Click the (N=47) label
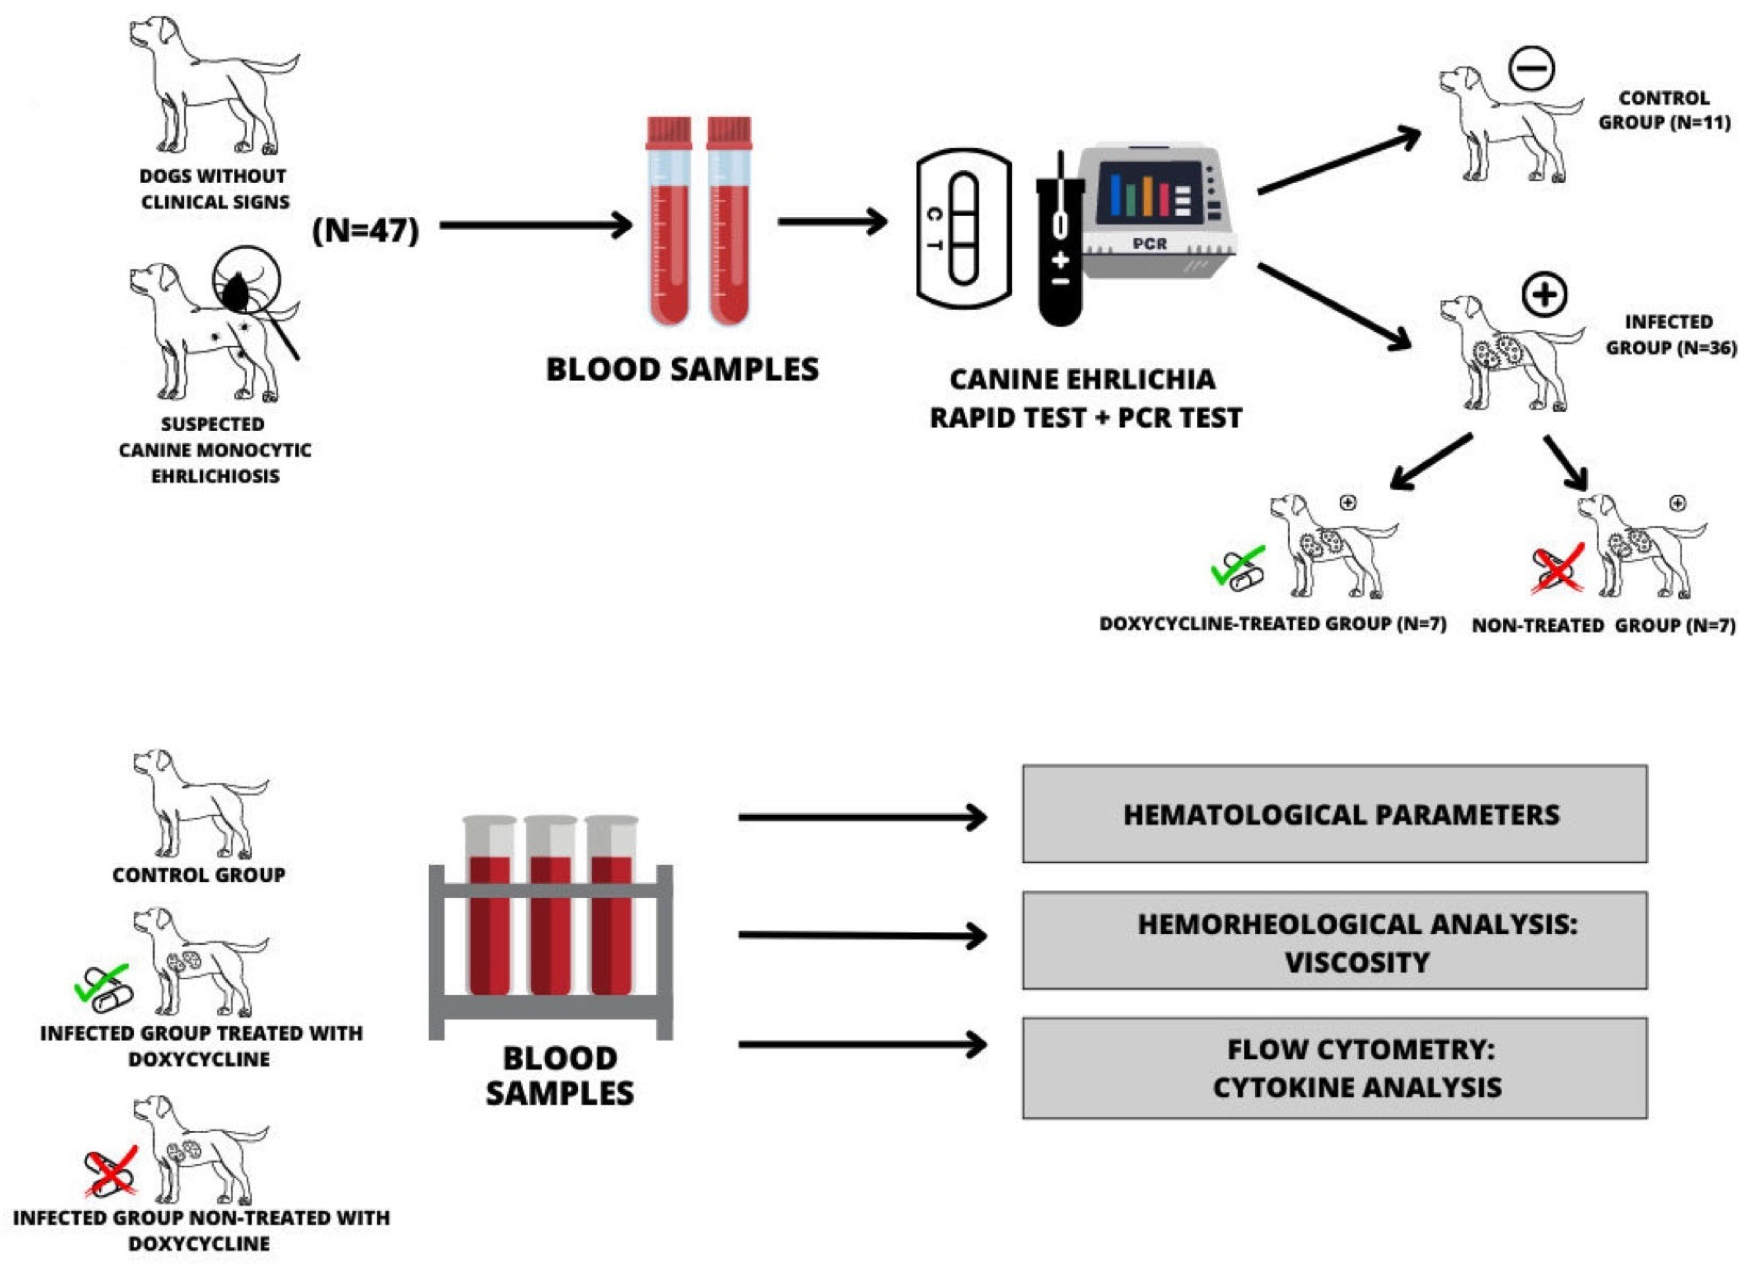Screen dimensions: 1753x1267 tap(365, 230)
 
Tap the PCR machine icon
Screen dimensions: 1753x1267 tap(1157, 210)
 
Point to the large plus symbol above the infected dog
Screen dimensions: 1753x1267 tap(1544, 295)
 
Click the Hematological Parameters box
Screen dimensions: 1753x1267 tap(1335, 814)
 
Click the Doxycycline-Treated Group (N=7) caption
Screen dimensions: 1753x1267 tap(1272, 624)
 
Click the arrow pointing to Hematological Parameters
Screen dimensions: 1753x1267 tap(863, 817)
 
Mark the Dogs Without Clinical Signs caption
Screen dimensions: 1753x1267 tap(214, 188)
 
